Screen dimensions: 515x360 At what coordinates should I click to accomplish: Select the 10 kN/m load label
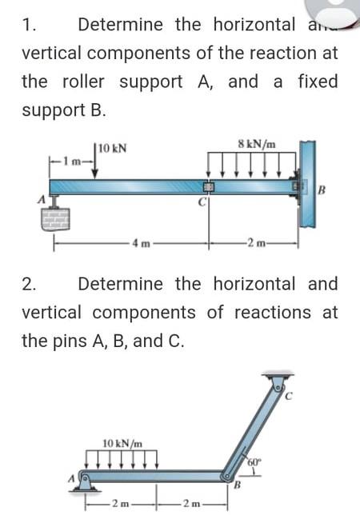point(125,441)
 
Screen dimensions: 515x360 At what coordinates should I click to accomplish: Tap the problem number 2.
point(29,284)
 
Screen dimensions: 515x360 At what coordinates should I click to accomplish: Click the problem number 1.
point(29,24)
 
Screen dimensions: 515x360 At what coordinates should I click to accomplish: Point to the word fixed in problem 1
point(317,82)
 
